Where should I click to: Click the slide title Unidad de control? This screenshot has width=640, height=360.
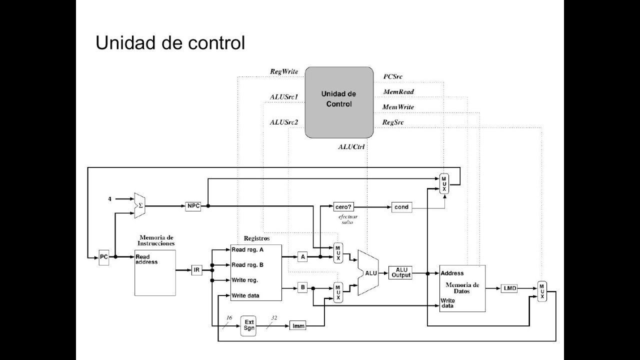170,43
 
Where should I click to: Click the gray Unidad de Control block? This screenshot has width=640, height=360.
339,102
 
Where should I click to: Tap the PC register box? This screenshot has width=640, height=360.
103,257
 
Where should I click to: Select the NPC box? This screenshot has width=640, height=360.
193,206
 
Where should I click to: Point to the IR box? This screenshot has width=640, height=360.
197,270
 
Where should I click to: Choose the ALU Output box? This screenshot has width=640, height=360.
400,272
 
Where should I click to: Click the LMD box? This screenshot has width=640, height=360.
509,288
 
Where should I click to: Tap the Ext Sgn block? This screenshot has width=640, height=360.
249,325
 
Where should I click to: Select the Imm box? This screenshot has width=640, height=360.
298,326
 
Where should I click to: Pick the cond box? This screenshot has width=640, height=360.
401,206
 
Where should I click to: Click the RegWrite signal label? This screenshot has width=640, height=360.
283,71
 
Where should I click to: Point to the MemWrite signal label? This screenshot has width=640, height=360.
398,107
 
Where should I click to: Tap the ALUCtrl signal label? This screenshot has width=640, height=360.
351,146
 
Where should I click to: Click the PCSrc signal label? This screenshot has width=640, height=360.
392,77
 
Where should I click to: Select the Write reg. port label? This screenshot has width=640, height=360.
244,280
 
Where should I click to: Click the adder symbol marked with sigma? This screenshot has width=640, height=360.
139,205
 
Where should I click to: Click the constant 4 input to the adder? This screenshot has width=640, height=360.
109,199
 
